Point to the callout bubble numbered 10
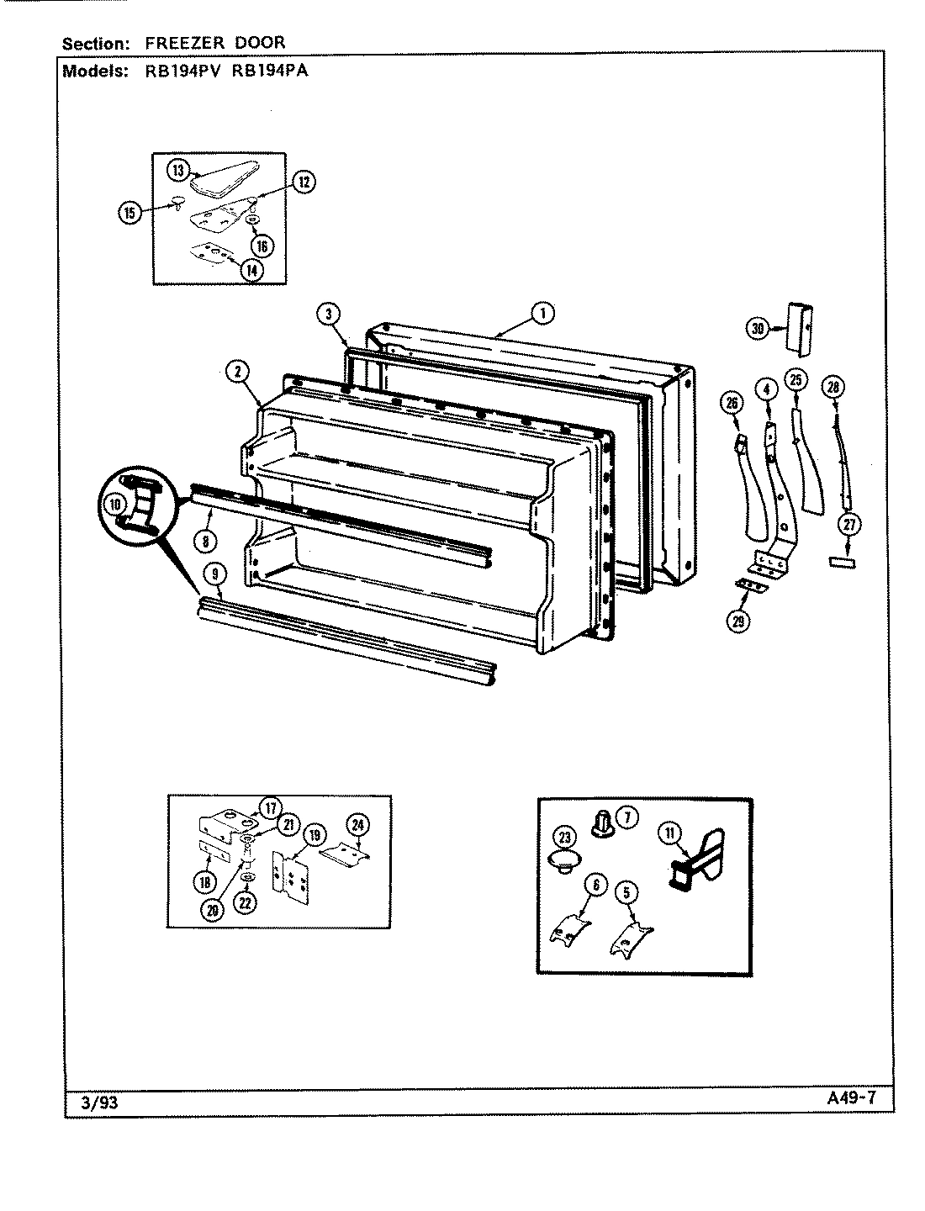115,505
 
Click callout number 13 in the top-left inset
178,170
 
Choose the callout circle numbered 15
129,213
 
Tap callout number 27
850,525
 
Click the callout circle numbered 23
564,837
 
